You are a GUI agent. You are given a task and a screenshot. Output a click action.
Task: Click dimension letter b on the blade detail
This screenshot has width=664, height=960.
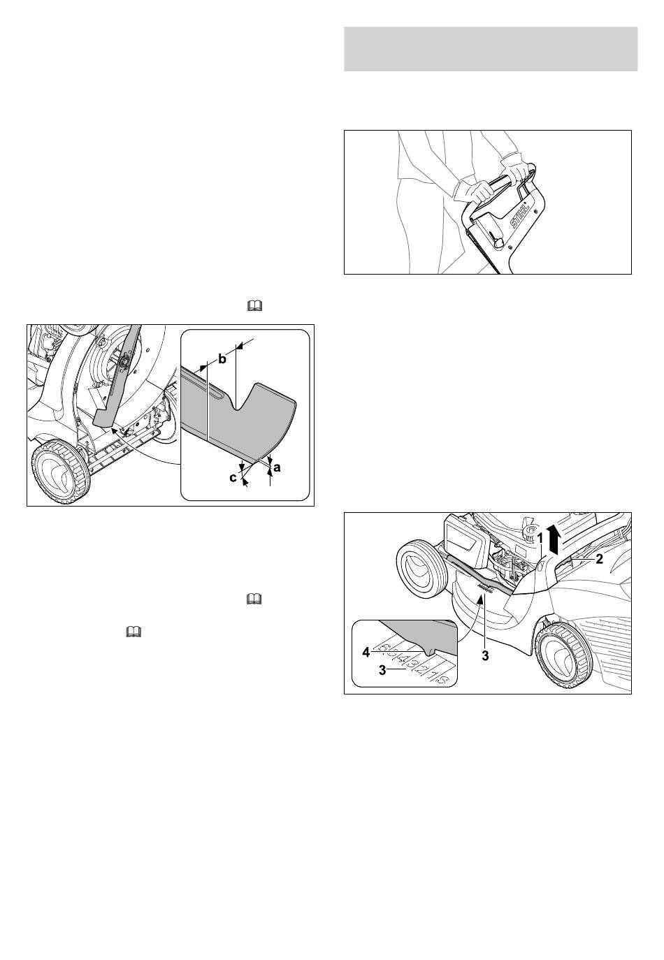(222, 359)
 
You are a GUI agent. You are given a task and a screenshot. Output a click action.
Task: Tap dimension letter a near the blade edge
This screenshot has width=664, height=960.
(277, 467)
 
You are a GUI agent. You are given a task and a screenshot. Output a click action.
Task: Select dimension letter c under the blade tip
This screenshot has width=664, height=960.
(233, 477)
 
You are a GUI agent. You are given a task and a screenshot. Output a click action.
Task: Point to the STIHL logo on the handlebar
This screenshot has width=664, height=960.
(519, 216)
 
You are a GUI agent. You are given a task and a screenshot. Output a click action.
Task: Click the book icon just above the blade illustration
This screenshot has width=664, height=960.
(254, 305)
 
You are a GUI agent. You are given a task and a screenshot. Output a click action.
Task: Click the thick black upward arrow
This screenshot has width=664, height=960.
(554, 540)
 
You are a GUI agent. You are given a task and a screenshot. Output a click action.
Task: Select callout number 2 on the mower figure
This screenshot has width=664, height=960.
(599, 559)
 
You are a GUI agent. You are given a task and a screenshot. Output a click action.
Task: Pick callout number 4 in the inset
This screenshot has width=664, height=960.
(366, 653)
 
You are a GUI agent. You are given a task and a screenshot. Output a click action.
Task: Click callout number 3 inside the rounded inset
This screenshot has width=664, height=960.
(382, 670)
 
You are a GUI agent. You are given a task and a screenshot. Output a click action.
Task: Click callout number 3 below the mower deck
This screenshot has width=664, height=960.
(485, 656)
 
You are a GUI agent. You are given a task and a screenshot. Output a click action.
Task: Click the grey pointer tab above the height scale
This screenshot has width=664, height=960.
(431, 650)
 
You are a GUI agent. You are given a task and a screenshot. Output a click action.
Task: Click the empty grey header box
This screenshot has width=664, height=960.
(491, 49)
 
